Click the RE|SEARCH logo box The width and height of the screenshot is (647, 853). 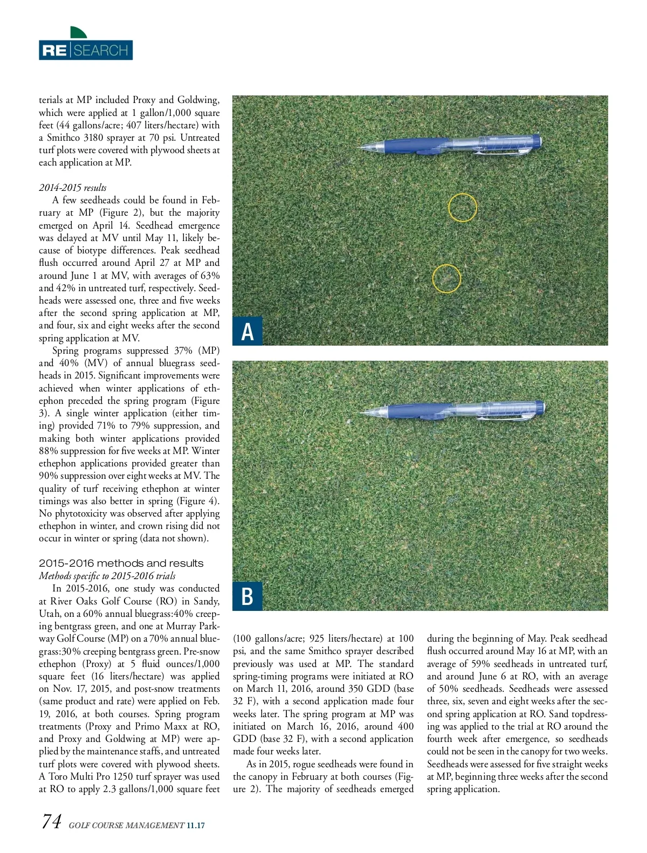click(86, 50)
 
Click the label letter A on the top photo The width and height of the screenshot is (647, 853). click(247, 331)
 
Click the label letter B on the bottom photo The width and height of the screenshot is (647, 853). click(247, 596)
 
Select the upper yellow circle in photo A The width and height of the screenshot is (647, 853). click(463, 208)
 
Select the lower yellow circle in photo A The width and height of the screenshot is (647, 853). click(446, 279)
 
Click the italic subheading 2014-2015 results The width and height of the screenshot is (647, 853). click(73, 188)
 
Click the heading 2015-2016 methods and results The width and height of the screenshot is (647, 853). click(121, 563)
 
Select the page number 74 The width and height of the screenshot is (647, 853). click(51, 822)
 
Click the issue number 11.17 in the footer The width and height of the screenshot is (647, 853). click(195, 825)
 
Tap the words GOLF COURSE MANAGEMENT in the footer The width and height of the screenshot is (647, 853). click(126, 825)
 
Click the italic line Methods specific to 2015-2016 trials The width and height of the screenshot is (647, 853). click(107, 576)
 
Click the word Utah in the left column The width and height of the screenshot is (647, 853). click(50, 614)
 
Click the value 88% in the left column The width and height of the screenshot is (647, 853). click(49, 451)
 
